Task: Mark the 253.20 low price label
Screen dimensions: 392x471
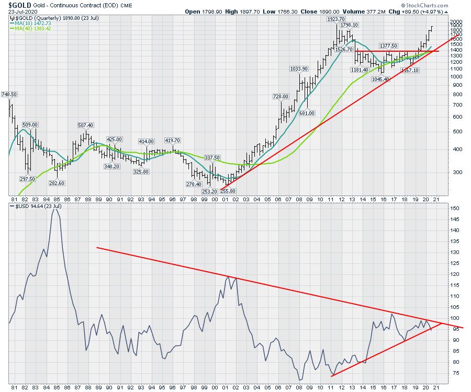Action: [209, 191]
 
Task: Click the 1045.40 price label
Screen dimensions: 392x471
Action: [380, 79]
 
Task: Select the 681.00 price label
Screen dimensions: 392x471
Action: [308, 113]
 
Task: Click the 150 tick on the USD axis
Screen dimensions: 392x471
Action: [455, 208]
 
